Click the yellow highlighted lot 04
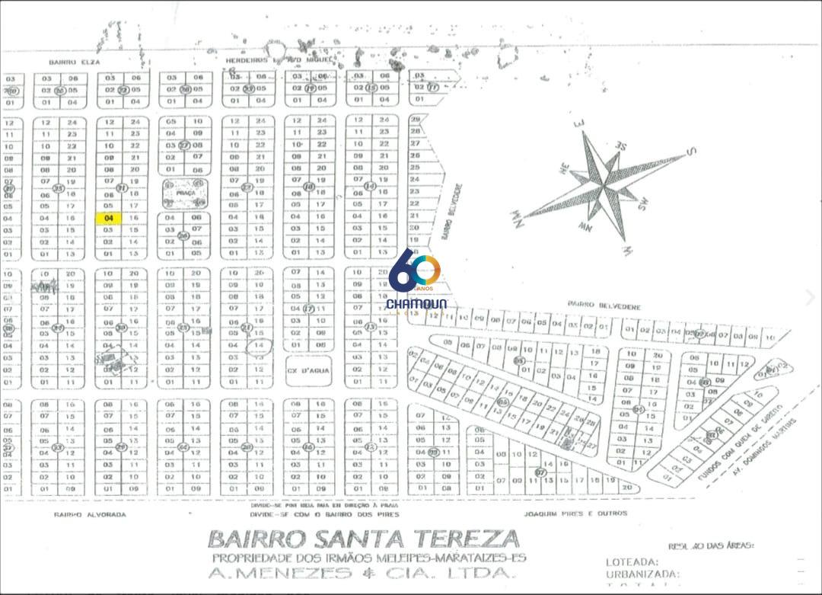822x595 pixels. (x=109, y=218)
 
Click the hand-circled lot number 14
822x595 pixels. (x=260, y=345)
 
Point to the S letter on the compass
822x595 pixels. (x=691, y=152)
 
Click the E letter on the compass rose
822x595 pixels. (x=578, y=123)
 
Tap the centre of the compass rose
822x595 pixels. (x=603, y=181)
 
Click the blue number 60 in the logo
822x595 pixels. (x=415, y=270)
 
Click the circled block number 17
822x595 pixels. (x=308, y=309)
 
